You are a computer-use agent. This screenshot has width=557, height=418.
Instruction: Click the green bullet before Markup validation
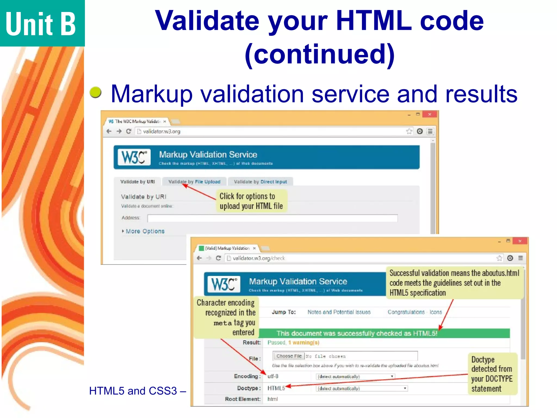95,92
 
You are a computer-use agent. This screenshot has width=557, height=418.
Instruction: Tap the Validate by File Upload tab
194,182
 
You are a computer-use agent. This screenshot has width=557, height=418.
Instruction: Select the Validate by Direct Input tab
260,182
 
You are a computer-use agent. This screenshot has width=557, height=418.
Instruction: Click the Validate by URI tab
138,182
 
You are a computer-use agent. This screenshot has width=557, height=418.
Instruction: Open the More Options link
145,231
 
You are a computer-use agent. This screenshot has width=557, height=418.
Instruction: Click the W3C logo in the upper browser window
134,157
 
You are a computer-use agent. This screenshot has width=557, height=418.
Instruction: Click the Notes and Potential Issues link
339,312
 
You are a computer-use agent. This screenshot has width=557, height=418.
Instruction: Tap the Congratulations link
406,312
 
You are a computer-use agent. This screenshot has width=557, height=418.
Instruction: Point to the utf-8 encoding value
273,376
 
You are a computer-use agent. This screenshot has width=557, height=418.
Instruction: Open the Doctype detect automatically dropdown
362,389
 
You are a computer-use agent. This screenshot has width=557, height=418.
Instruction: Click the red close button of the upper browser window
430,114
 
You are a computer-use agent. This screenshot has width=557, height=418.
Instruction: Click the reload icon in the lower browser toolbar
218,258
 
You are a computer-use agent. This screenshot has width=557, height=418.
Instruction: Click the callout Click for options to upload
251,201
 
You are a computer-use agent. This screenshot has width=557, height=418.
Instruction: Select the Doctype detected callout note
492,374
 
